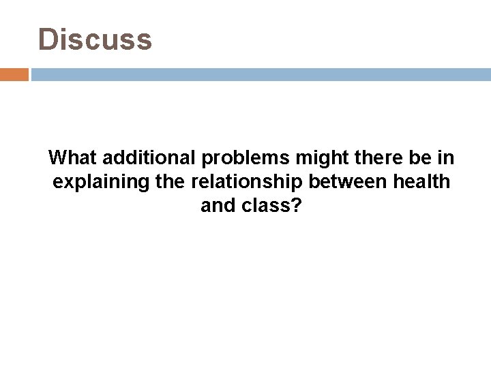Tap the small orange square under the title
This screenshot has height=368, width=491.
(x=14, y=74)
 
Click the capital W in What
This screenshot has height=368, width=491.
(x=57, y=158)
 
